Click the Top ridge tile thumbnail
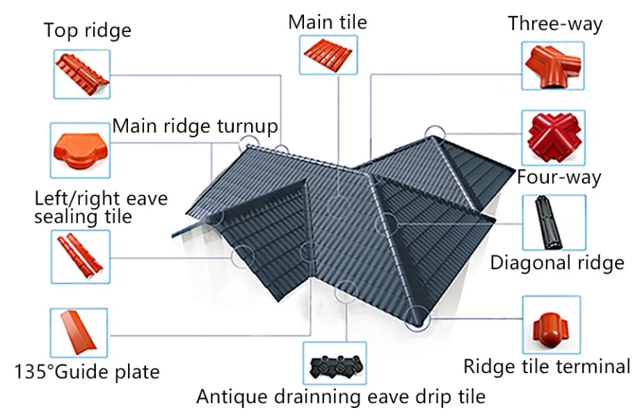(x=81, y=74)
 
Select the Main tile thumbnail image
(x=328, y=55)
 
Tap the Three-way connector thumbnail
(x=552, y=65)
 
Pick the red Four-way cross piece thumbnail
(x=553, y=138)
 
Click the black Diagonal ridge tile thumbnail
(x=554, y=223)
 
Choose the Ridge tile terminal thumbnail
(x=551, y=324)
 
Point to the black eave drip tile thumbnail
(x=335, y=363)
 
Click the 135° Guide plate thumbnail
(x=79, y=333)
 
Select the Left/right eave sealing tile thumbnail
(x=81, y=256)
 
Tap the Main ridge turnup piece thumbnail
(x=80, y=150)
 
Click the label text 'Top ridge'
(x=88, y=31)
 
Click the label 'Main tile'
(x=328, y=22)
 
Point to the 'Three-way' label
(x=555, y=24)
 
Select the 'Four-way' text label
(x=559, y=178)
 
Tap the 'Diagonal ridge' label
(x=557, y=263)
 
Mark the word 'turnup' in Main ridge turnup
(x=248, y=126)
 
